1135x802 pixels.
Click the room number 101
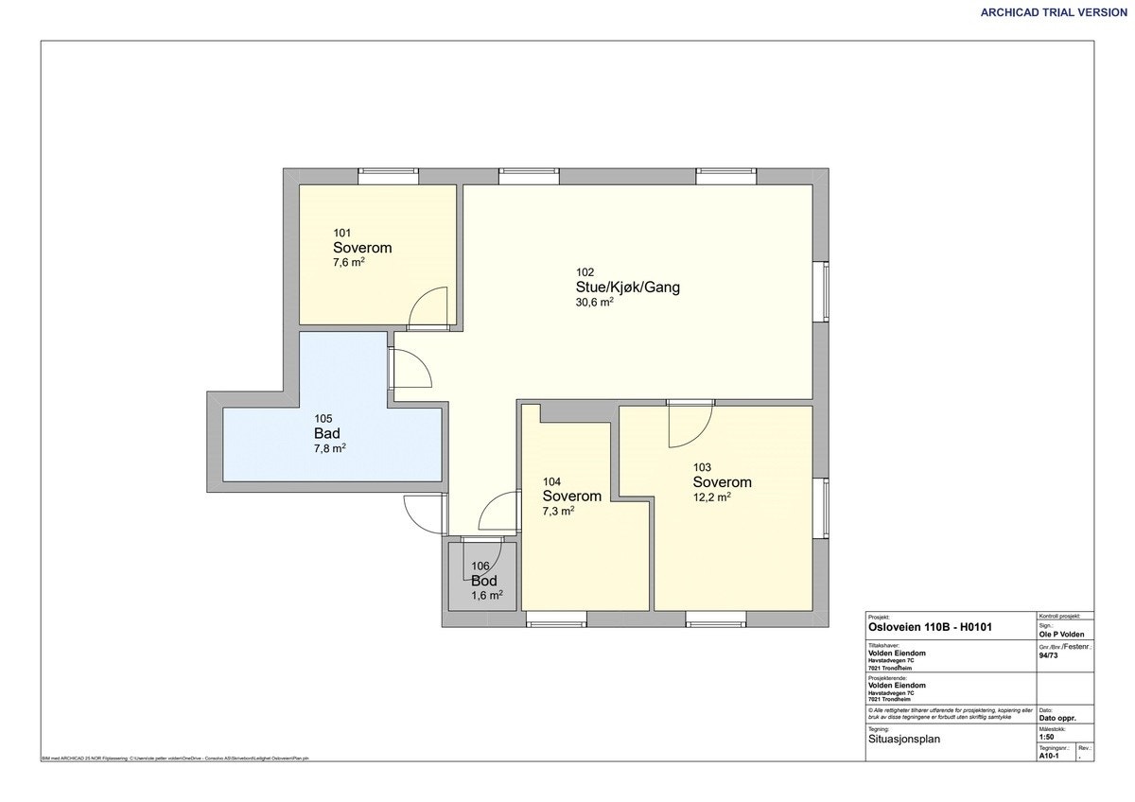[x=341, y=233]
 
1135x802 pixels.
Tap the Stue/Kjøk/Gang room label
[x=628, y=288]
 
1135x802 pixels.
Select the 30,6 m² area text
[x=594, y=304]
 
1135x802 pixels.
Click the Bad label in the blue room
[x=327, y=433]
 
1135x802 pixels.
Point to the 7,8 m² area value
[x=329, y=449]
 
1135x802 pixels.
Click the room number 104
[x=551, y=481]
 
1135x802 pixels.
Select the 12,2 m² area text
[x=711, y=497]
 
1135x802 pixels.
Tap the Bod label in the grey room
[x=484, y=581]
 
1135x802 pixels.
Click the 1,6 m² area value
[x=486, y=596]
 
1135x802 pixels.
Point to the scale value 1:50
[x=1046, y=738]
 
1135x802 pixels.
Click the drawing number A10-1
[x=1049, y=756]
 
